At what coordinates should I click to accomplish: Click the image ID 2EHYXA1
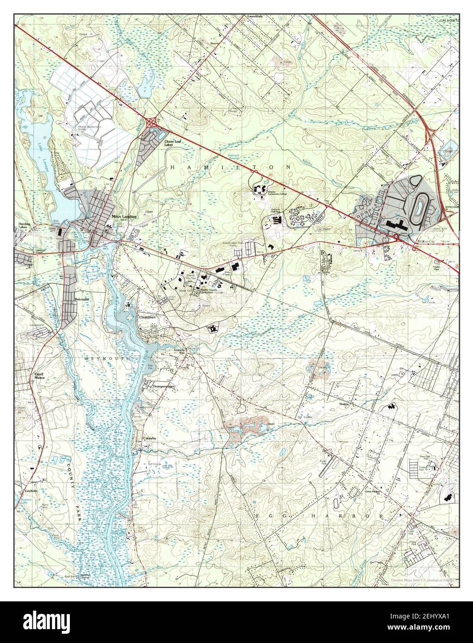click(432, 622)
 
